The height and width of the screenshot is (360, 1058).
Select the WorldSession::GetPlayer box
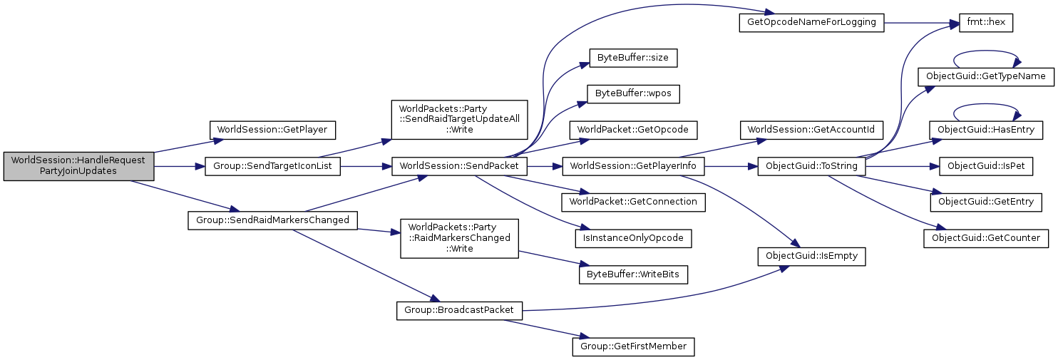[272, 130]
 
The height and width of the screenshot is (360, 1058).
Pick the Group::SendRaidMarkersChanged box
[272, 220]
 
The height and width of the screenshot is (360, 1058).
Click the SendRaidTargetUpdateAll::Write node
[459, 120]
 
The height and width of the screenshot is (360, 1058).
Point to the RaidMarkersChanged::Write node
[459, 238]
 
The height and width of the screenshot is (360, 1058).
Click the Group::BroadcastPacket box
[459, 311]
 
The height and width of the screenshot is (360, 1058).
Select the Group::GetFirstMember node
[633, 346]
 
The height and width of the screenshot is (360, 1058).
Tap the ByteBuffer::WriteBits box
[633, 274]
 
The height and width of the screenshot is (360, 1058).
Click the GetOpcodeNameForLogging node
[811, 23]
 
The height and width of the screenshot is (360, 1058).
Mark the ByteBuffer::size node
[633, 58]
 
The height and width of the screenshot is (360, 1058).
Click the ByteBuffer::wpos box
[633, 93]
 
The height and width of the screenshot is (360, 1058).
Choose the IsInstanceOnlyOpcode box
[633, 238]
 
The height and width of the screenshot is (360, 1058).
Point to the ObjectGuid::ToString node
[811, 166]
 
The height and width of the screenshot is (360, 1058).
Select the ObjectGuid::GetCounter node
[986, 238]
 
